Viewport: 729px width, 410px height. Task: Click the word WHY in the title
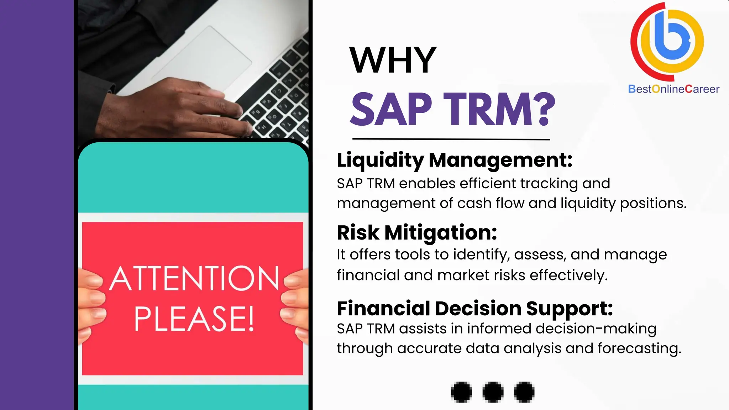tap(393, 60)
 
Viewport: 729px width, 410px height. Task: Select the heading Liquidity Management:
tap(455, 160)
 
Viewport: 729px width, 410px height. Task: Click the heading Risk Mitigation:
tap(417, 233)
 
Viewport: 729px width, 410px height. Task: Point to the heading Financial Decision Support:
tap(475, 309)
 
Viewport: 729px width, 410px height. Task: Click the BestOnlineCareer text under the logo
tap(673, 89)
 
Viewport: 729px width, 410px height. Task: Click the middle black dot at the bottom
tap(493, 392)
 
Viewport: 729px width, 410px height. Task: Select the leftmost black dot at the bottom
tap(461, 392)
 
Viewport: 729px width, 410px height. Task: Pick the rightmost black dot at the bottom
tap(524, 392)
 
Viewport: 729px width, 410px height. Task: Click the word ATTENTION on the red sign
tap(194, 279)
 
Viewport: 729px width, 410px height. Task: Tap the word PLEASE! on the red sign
tap(194, 319)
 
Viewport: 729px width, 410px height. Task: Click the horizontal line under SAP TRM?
tap(451, 139)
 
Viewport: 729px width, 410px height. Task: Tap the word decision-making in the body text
tap(596, 328)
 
